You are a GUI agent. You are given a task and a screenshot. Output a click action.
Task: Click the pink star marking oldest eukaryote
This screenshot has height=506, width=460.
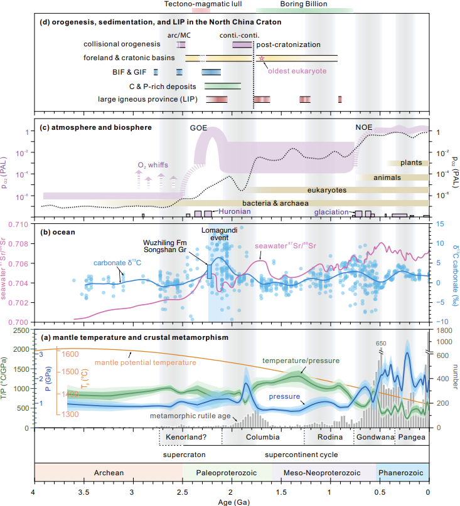click(262, 58)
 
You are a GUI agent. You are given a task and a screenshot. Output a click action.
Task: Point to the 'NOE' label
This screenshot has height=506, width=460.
click(364, 127)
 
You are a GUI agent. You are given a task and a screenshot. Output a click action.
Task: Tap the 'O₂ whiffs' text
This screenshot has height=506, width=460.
click(152, 166)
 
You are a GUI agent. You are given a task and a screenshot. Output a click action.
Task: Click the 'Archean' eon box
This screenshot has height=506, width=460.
click(108, 472)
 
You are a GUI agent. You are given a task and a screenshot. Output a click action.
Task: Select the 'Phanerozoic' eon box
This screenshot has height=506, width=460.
click(402, 472)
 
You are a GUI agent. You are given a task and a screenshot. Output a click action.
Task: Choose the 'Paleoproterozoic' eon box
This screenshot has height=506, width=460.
click(227, 472)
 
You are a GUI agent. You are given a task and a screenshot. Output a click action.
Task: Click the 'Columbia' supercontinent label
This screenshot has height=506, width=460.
click(262, 437)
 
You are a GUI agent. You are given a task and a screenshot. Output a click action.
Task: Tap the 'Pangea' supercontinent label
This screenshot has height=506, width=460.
click(412, 437)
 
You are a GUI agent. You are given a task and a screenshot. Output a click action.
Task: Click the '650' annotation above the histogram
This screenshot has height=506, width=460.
click(380, 344)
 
